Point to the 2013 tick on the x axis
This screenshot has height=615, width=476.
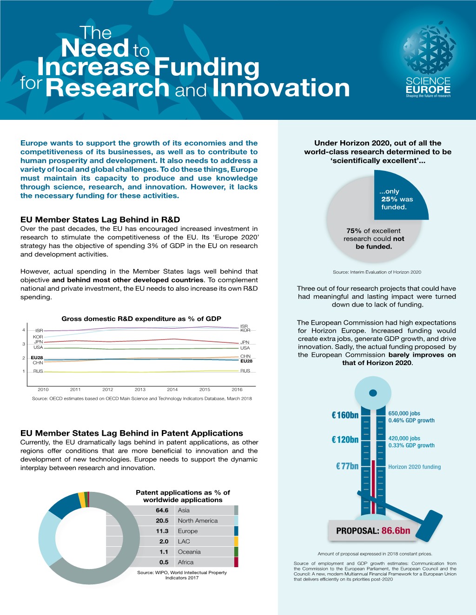[140, 389]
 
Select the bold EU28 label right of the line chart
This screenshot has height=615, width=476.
[246, 361]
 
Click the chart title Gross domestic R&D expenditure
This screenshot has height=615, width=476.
[141, 319]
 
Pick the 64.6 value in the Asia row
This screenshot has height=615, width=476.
[162, 510]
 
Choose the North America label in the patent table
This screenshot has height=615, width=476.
[198, 521]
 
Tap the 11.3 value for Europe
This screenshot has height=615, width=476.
[162, 531]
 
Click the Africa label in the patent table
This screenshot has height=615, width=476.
[185, 562]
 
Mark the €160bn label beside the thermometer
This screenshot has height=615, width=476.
[345, 415]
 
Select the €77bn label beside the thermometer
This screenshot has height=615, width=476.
[347, 466]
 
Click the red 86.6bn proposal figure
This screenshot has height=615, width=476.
[396, 531]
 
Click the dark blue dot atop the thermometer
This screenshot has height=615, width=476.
[373, 393]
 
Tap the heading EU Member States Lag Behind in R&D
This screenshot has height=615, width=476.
[100, 220]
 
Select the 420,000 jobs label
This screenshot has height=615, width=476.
[404, 438]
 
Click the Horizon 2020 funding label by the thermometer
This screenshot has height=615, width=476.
[414, 467]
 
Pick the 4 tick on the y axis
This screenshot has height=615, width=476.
[24, 330]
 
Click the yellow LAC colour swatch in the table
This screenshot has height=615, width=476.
[236, 541]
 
